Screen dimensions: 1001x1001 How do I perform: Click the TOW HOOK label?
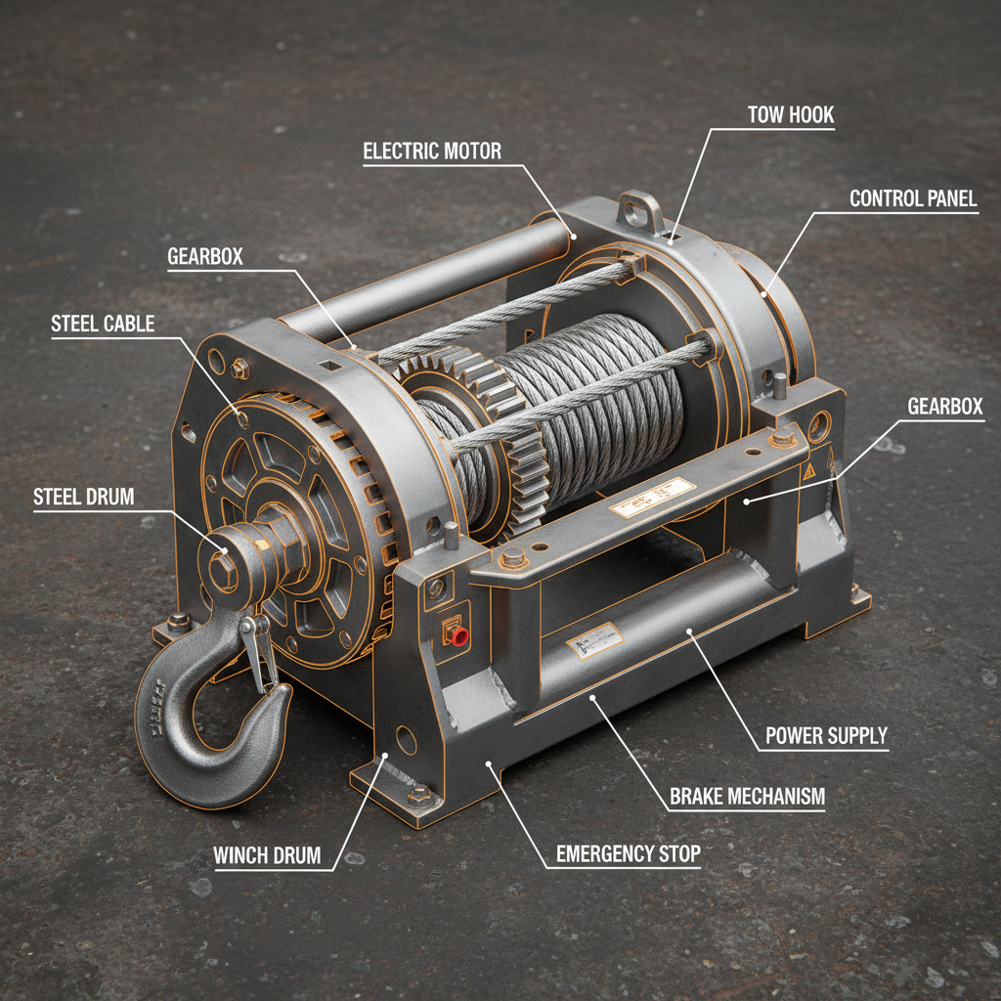[791, 115]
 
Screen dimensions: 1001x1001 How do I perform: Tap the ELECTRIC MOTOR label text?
[431, 152]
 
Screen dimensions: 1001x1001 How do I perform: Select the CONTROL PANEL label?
[912, 199]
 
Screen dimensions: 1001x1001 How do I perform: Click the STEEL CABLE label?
[103, 325]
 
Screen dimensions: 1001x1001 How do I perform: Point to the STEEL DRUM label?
[83, 497]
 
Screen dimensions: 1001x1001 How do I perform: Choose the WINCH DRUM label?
[267, 856]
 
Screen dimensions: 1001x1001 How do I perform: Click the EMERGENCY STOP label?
[628, 853]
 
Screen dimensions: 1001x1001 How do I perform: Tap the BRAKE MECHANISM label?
[747, 797]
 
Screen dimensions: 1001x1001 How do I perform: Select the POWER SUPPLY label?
[826, 736]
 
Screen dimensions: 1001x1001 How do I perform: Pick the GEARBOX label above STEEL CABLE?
[204, 257]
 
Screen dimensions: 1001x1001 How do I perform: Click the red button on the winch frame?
[458, 637]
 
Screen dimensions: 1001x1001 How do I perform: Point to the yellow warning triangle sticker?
[808, 470]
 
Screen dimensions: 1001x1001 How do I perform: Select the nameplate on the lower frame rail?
[594, 641]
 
